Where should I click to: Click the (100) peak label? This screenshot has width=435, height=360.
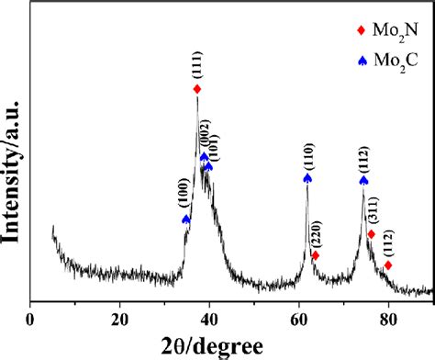click(186, 199)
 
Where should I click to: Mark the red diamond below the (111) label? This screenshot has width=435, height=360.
click(197, 89)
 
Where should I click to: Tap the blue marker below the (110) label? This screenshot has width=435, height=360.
click(307, 178)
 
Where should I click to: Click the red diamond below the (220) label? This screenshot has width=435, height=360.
click(315, 255)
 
